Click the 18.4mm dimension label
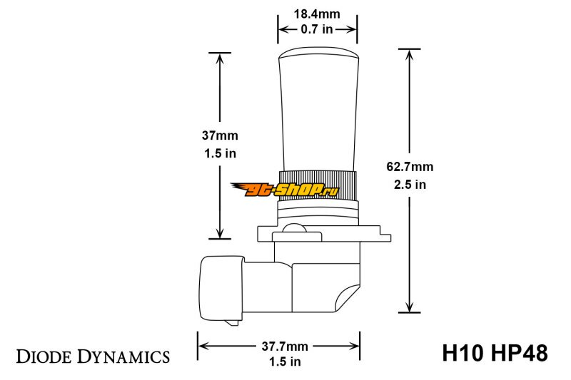tap(317, 14)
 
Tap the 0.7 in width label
tap(317, 29)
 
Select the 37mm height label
tap(220, 135)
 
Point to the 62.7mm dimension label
tap(410, 167)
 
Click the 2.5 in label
tap(410, 185)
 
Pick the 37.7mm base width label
tap(285, 346)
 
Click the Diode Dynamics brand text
tap(93, 356)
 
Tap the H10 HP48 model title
tap(495, 353)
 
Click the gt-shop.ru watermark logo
tap(285, 190)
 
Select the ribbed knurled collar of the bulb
tap(317, 185)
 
